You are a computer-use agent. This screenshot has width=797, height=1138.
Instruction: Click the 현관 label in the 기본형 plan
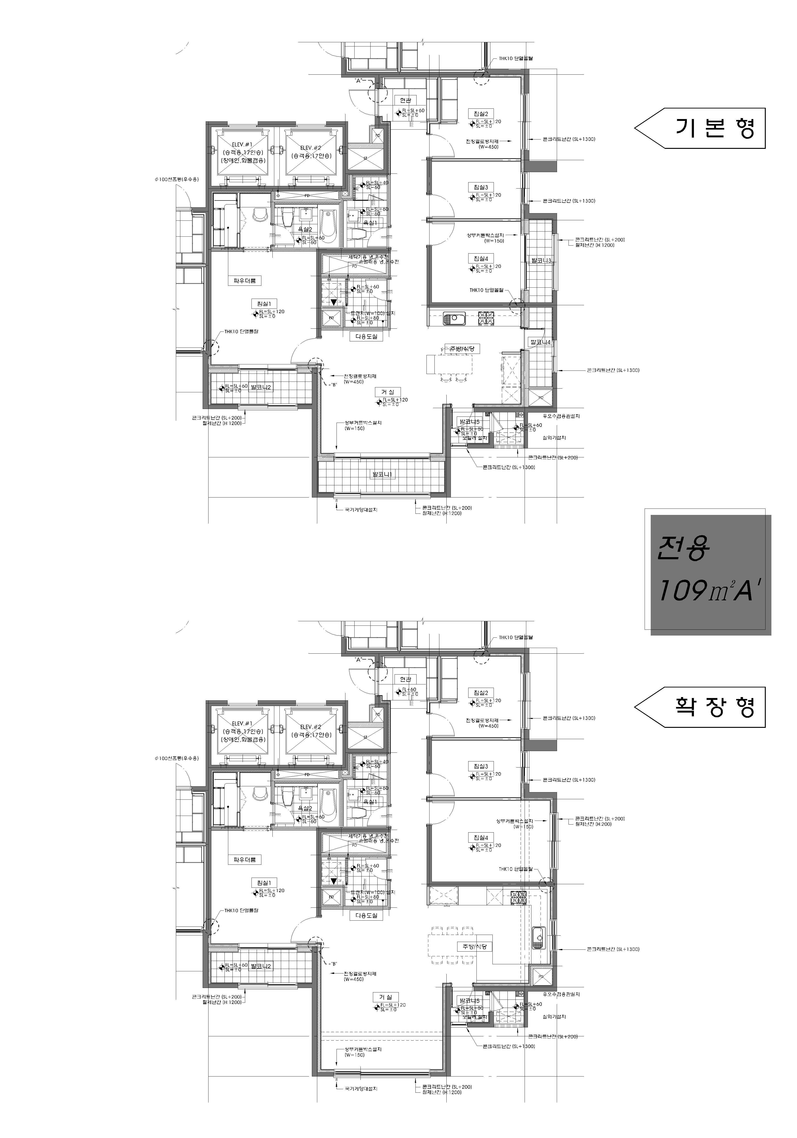click(x=406, y=100)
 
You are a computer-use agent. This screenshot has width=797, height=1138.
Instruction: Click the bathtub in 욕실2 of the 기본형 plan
click(x=327, y=226)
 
